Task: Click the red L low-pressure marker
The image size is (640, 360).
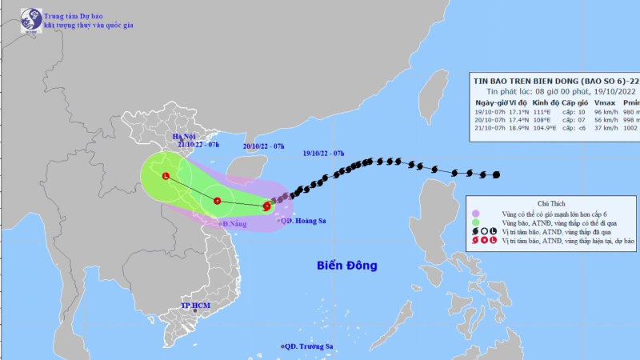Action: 166,176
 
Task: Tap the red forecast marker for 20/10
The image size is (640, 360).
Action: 217,190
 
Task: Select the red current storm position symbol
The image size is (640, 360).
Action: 266,206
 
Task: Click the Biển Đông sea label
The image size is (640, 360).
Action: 346,265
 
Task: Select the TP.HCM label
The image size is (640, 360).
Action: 195,306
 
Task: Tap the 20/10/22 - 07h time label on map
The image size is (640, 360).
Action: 264,146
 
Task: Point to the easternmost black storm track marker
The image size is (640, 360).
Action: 497,175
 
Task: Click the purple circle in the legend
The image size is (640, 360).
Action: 476,214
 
